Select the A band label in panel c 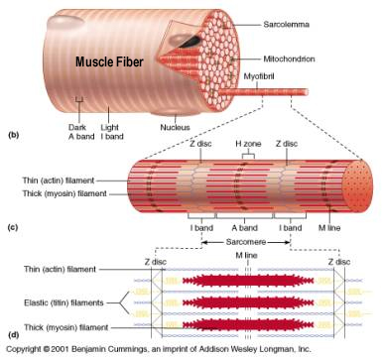coord(245,227)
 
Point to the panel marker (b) coord(13,133)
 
